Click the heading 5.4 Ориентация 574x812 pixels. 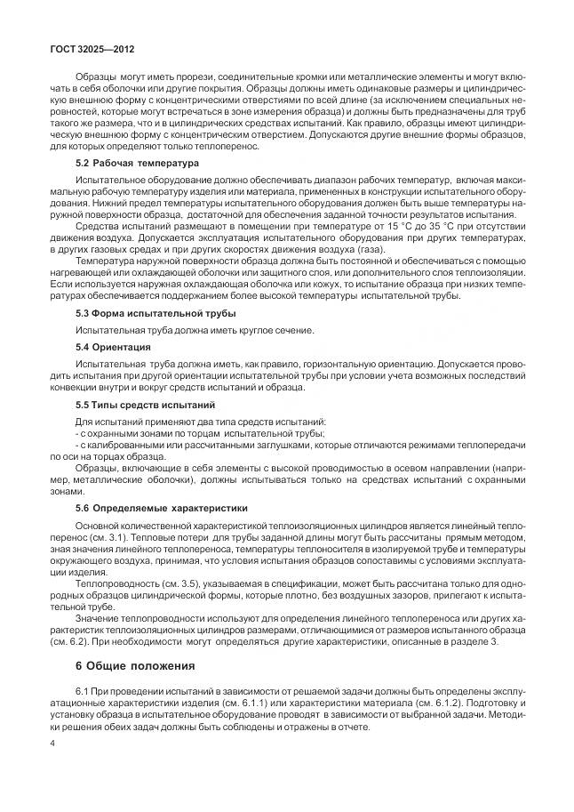coord(113,347)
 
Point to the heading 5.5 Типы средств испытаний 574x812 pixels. coord(146,404)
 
